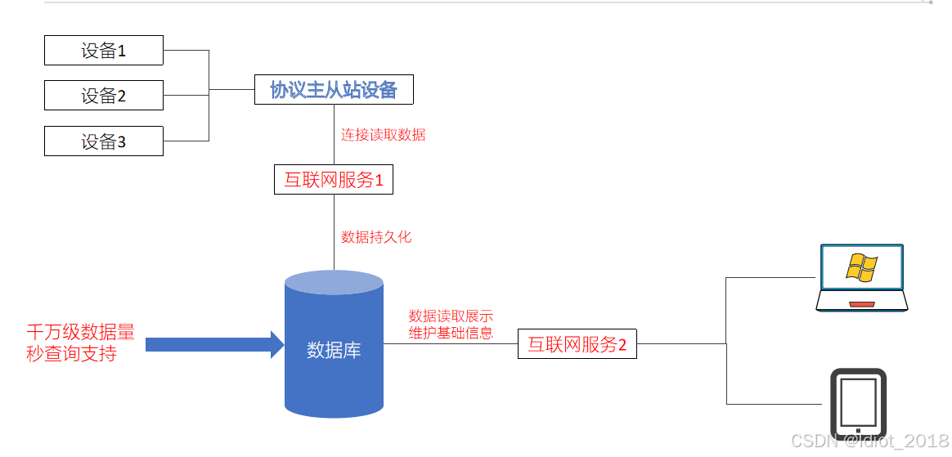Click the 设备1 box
coord(103,51)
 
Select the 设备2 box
coord(103,96)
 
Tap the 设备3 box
coord(103,141)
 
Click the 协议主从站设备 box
coord(334,89)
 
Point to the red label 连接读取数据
coord(384,135)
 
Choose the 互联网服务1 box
coord(334,180)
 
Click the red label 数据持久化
coord(376,237)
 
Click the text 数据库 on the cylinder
coord(334,350)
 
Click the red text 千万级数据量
coord(80,333)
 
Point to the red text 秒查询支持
coord(71,354)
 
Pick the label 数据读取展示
coord(451,316)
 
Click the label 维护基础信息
coord(451,334)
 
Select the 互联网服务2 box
coord(577,345)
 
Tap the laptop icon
coord(861,278)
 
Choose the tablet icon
coord(858,404)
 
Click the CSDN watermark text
coord(869,441)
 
